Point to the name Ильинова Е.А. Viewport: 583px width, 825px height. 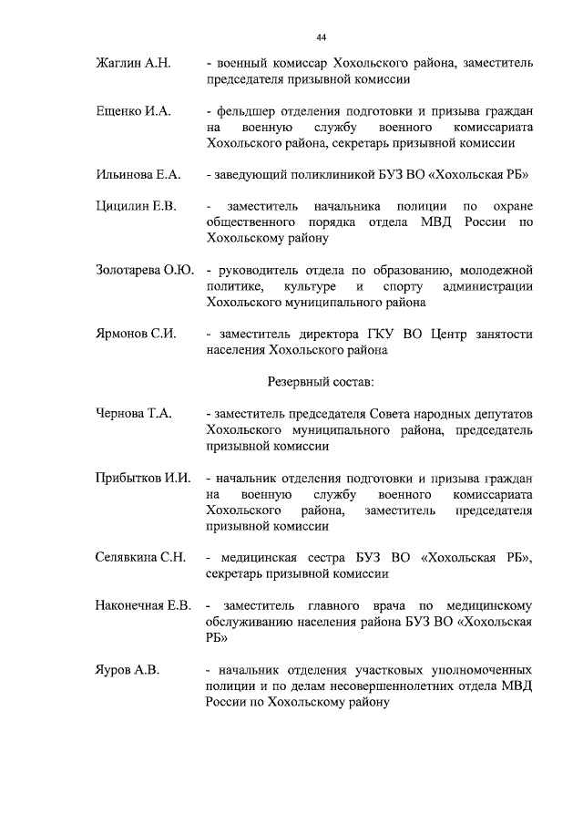[x=139, y=174]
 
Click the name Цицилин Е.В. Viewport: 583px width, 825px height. [x=136, y=206]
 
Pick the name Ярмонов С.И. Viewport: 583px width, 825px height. [x=136, y=334]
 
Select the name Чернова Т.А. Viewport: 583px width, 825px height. [x=134, y=413]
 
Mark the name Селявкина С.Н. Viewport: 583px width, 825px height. [x=141, y=558]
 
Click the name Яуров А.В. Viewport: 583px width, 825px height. [x=128, y=670]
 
